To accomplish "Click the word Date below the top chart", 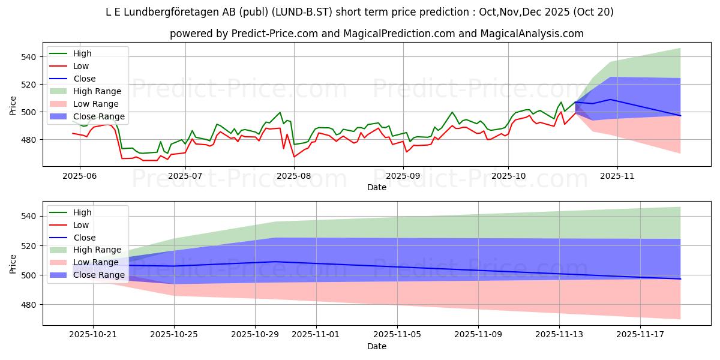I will click(x=377, y=188).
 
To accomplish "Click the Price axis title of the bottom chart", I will click(x=13, y=263).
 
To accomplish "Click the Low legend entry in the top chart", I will click(x=81, y=66).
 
